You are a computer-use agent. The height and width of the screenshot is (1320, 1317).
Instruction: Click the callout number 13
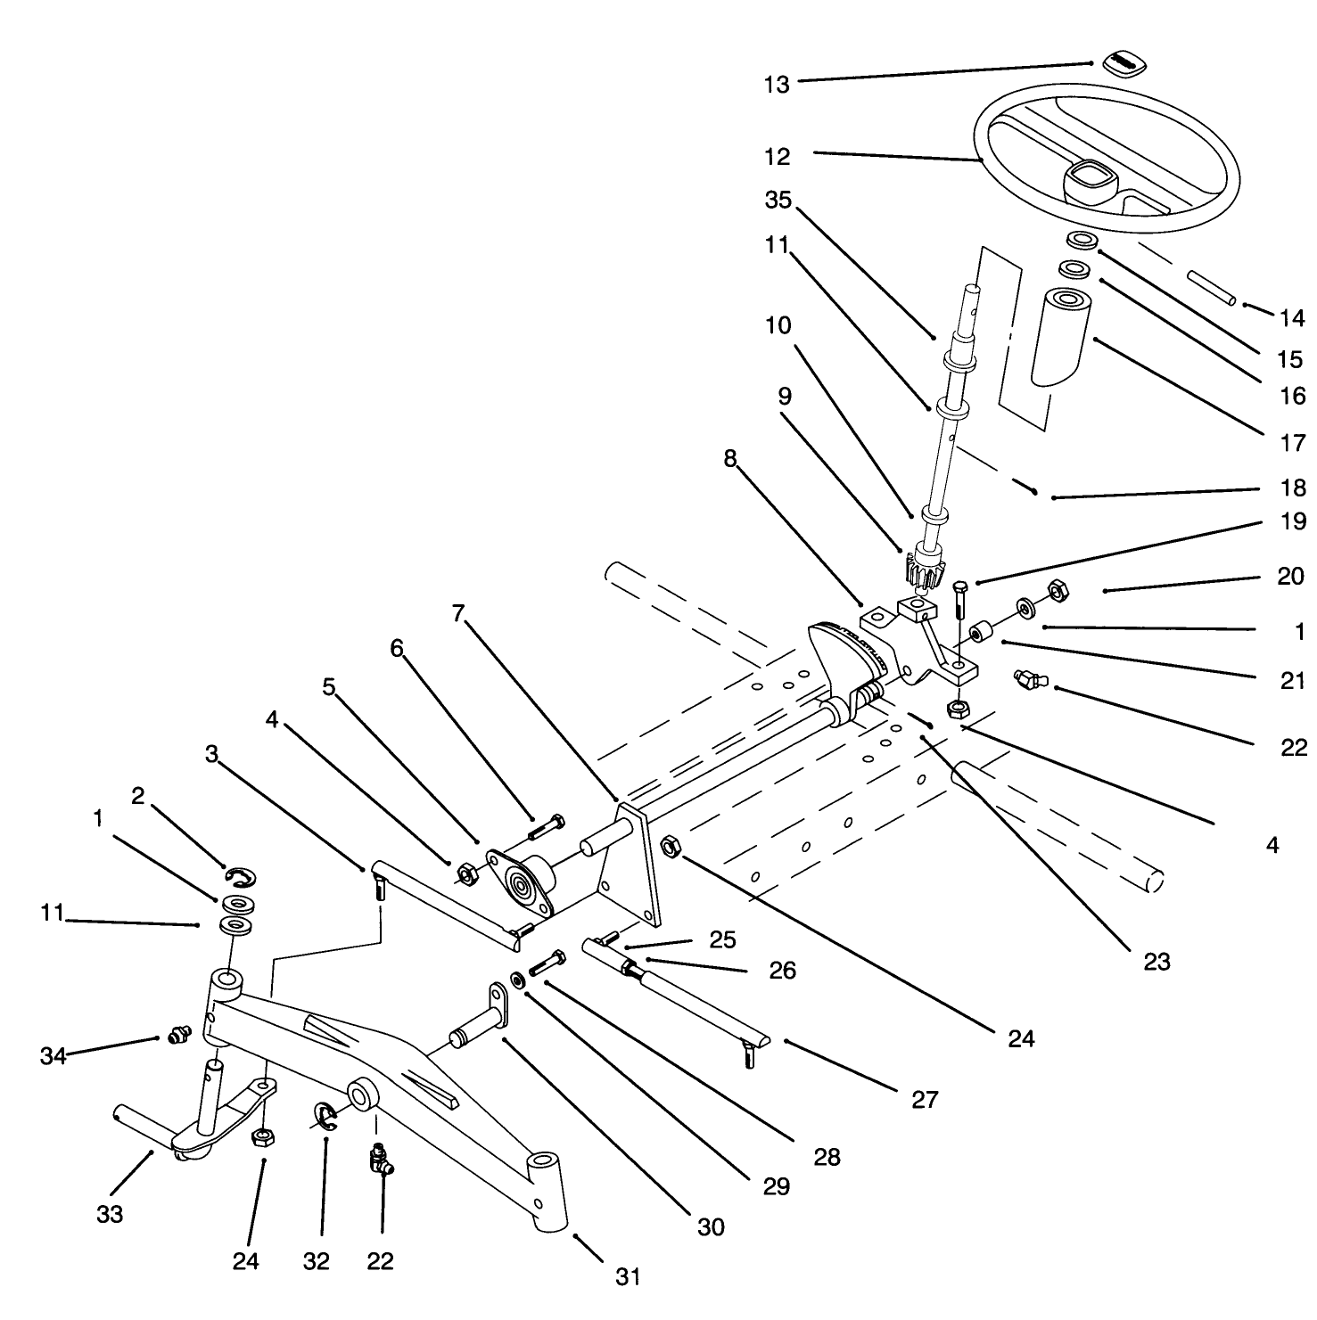pos(777,85)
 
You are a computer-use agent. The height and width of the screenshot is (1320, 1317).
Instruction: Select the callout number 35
pos(778,201)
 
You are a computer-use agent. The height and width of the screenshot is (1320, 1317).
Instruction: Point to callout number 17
pos(1292,443)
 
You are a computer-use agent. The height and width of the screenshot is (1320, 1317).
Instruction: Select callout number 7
pos(458,614)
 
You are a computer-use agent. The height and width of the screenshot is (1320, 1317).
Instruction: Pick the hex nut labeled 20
pos(1057,590)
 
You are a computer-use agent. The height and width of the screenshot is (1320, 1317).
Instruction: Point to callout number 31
pos(628,1276)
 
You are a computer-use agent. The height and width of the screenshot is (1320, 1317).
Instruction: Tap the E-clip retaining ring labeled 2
pos(241,878)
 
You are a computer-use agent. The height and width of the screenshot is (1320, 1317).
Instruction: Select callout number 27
pos(925,1099)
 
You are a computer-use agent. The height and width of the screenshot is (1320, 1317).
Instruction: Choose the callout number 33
pos(110,1213)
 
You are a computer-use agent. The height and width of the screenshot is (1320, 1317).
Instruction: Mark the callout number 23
pos(1156,962)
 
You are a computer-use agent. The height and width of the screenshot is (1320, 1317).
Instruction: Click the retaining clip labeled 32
pos(325,1115)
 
